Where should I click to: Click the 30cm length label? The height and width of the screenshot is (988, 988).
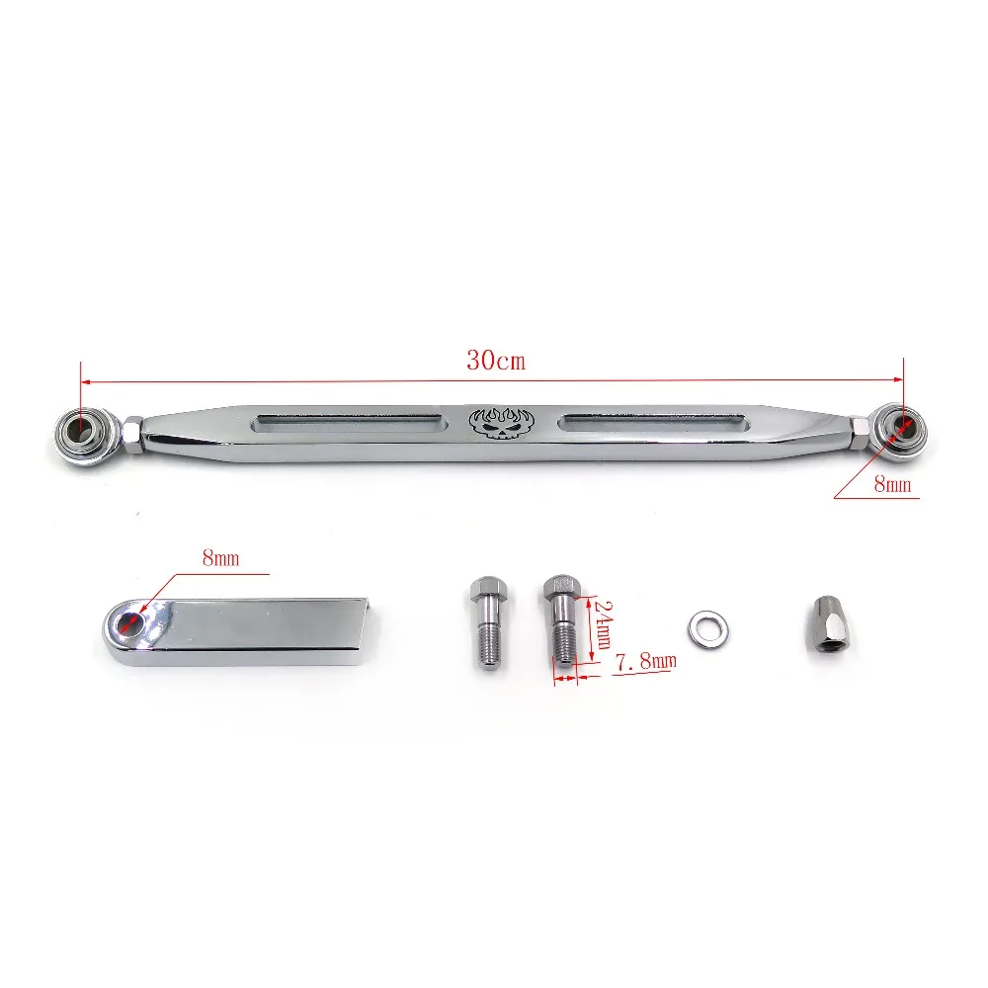click(496, 361)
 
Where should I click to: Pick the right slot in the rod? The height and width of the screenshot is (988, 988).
click(652, 423)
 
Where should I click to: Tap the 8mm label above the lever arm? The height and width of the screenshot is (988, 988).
click(220, 558)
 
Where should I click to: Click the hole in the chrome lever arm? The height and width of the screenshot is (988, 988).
click(129, 624)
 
